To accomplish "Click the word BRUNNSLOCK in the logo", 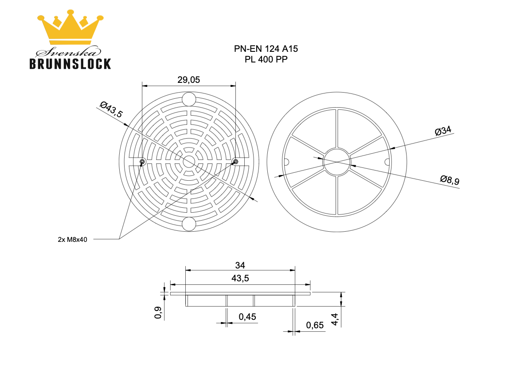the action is [x=70, y=64].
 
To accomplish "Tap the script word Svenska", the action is [x=68, y=52].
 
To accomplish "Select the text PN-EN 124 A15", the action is [x=266, y=49].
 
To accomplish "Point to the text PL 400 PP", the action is [x=266, y=59].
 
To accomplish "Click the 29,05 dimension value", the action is [x=188, y=80].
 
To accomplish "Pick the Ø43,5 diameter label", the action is [x=111, y=109].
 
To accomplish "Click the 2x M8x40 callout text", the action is [x=72, y=240].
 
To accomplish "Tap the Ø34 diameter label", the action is [x=443, y=131].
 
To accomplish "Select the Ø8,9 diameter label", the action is [x=450, y=180].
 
